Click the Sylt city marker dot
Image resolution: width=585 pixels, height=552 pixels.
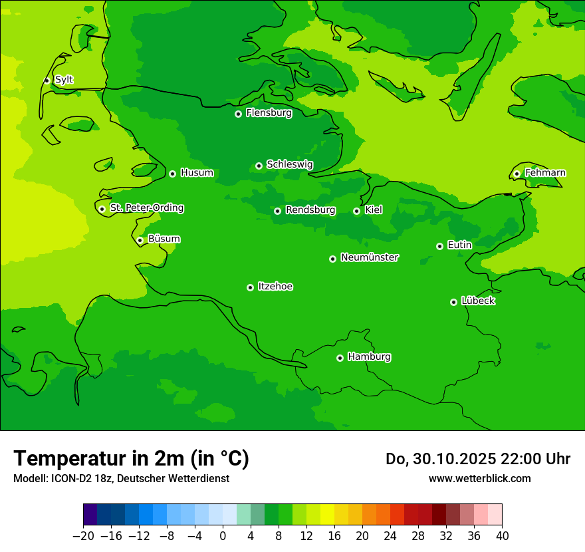point(47,80)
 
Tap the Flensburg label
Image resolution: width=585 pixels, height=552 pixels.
point(269,113)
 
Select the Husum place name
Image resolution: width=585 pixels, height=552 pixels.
point(197,173)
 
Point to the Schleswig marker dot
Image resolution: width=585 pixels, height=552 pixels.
point(259,166)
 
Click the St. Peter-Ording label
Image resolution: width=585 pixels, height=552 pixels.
point(147,208)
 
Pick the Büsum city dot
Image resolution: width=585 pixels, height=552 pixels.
point(140,240)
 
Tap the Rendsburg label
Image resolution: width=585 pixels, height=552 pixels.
point(310,210)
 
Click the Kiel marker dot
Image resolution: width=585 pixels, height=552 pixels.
point(356,211)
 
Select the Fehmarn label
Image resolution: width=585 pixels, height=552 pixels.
point(545,173)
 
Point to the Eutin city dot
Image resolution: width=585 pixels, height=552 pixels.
point(439,246)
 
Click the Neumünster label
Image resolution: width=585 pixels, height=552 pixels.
point(370,257)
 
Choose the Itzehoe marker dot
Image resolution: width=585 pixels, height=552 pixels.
point(250,287)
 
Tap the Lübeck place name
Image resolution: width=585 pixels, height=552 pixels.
point(478,301)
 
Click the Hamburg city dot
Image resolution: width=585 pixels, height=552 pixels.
point(340,358)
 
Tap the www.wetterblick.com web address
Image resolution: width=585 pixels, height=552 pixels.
point(479,478)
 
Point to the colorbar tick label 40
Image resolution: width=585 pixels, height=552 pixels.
point(502,536)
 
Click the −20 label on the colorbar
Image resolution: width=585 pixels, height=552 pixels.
point(82,536)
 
